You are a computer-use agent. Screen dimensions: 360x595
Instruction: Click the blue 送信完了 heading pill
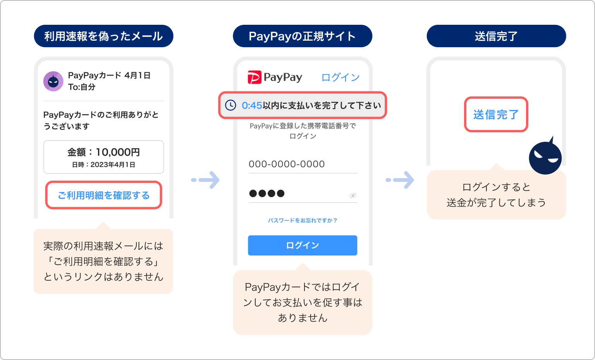496,36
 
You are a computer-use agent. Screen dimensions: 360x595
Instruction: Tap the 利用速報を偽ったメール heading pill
103,36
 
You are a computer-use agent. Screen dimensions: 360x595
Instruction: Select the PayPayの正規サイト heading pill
303,36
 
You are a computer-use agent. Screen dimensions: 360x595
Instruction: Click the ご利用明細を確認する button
103,195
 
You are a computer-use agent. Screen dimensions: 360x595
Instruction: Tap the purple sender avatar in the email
53,81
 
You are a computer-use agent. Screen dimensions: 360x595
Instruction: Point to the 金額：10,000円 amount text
103,152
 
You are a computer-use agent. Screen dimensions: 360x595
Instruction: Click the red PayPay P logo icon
254,77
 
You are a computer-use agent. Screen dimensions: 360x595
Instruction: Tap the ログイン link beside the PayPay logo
340,77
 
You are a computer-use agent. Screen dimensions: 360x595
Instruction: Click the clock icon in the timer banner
230,105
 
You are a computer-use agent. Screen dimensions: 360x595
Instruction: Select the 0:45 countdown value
252,105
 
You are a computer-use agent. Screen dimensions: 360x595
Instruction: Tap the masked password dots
267,193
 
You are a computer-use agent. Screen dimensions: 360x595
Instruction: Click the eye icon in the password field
353,195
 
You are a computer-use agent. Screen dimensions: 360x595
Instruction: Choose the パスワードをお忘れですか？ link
303,220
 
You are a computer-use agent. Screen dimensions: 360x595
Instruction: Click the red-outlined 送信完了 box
496,115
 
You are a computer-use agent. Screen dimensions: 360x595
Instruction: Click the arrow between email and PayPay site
206,180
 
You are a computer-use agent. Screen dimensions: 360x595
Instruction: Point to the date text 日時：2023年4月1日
103,165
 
